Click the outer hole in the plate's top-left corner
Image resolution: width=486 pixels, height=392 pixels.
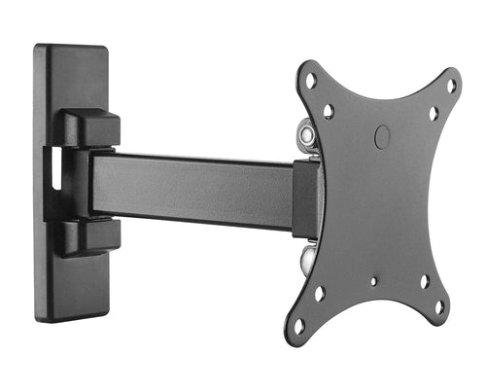coord(311,81)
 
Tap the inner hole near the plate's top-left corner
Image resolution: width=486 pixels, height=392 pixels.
coord(330,110)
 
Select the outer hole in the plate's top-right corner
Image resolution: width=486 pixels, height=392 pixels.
coord(450,86)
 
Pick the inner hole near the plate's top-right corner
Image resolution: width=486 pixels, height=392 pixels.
coord(434,114)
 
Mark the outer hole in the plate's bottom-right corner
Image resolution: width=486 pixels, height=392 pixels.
coord(439,307)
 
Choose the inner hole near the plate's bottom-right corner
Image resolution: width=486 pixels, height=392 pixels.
coord(425,281)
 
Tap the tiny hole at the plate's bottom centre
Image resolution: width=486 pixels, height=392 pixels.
coord(373,282)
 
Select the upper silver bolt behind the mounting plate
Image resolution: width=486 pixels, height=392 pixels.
coord(307,130)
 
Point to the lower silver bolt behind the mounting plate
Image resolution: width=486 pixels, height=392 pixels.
coord(308,258)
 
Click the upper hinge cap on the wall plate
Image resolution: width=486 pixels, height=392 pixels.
coord(93,126)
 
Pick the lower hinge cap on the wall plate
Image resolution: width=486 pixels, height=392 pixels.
coord(93,235)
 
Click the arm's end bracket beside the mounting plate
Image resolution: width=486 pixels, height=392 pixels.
coord(305,199)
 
